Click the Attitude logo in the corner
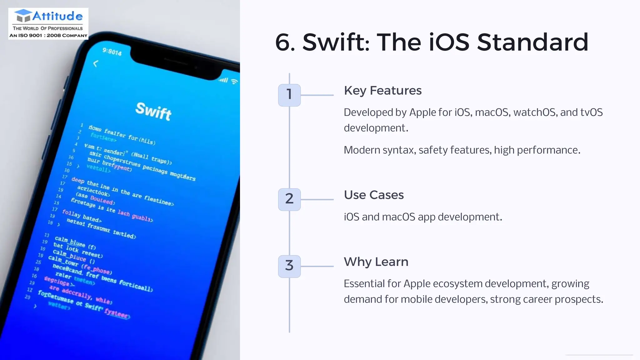pyautogui.click(x=48, y=24)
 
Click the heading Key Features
pyautogui.click(x=382, y=91)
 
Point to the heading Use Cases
pyautogui.click(x=374, y=195)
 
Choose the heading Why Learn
pyautogui.click(x=376, y=262)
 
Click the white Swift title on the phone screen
pyautogui.click(x=153, y=111)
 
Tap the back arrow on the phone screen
pyautogui.click(x=96, y=64)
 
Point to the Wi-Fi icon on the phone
pyautogui.click(x=234, y=82)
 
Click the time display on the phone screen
pyautogui.click(x=112, y=52)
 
